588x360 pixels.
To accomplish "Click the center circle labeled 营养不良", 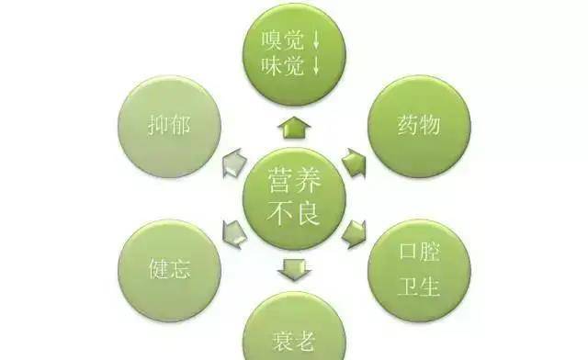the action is (x=294, y=198).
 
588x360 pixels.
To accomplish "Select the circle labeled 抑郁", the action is (x=169, y=127).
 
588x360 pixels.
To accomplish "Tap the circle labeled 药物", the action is (x=419, y=127).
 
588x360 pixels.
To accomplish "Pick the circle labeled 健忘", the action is (x=169, y=270).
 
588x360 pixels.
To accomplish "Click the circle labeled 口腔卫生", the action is (x=419, y=270).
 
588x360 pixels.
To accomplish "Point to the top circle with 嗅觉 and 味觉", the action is (x=294, y=53).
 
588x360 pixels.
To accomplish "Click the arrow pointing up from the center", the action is (x=294, y=127).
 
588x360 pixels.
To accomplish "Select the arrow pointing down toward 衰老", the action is (x=294, y=270).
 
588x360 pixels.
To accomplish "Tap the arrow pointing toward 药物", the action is (x=354, y=163).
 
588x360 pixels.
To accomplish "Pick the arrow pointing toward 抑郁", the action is (x=235, y=163).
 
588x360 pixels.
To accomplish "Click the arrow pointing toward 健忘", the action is (x=235, y=234).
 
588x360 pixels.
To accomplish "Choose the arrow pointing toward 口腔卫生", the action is (x=354, y=234).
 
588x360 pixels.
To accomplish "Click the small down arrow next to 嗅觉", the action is (x=316, y=40).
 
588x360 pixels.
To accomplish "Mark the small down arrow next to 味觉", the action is (x=316, y=66).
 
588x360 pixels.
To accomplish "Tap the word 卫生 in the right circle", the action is (x=419, y=287).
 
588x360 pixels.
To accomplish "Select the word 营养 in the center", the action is (x=294, y=180).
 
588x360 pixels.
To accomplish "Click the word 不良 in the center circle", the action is (x=294, y=213).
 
